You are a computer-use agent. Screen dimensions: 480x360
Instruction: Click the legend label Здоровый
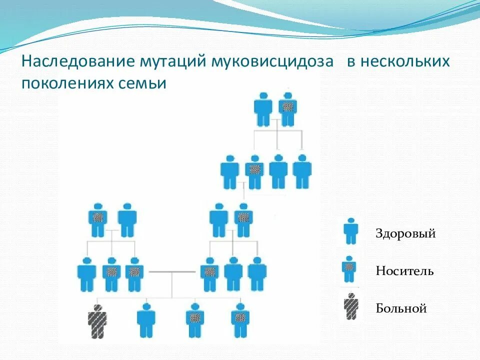[405, 233]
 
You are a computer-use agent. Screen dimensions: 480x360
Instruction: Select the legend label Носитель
[404, 271]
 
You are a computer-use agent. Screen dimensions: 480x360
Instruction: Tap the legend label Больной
[401, 308]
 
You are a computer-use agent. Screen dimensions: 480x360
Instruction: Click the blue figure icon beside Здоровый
[350, 231]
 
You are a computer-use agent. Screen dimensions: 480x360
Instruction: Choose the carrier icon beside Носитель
[349, 269]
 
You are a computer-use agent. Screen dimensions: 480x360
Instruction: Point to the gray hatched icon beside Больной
[351, 306]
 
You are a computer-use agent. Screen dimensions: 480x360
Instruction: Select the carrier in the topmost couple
[287, 109]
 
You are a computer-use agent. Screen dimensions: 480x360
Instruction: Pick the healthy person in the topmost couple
[263, 109]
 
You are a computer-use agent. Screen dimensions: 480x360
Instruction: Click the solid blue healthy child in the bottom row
[146, 320]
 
